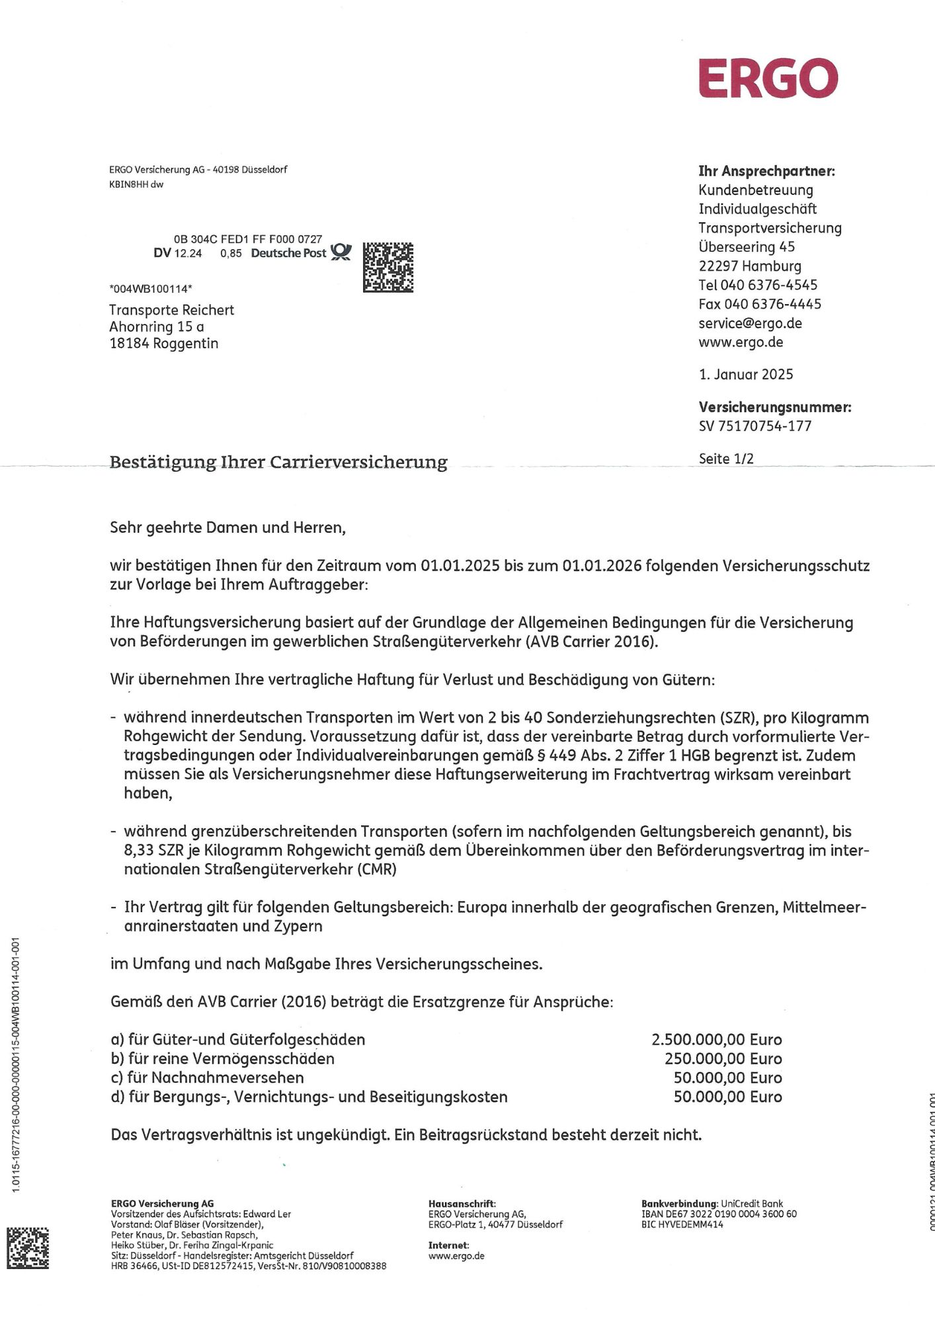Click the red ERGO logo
[768, 78]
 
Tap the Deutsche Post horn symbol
[341, 252]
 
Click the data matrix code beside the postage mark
[388, 268]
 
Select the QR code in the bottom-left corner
[28, 1248]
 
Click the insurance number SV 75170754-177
[754, 426]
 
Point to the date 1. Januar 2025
[746, 375]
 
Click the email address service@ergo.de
[750, 323]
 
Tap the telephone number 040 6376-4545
[771, 285]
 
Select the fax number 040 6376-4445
[772, 304]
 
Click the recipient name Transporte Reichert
[171, 310]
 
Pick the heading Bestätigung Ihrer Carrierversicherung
[278, 461]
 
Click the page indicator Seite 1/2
[726, 459]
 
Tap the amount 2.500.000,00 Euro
[716, 1040]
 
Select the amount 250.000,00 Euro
[723, 1059]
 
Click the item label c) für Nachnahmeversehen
[208, 1078]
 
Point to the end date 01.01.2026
[602, 566]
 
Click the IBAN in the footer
[719, 1214]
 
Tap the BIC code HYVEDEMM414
[690, 1224]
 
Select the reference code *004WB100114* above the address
[151, 289]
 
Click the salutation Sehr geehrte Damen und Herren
[227, 527]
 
